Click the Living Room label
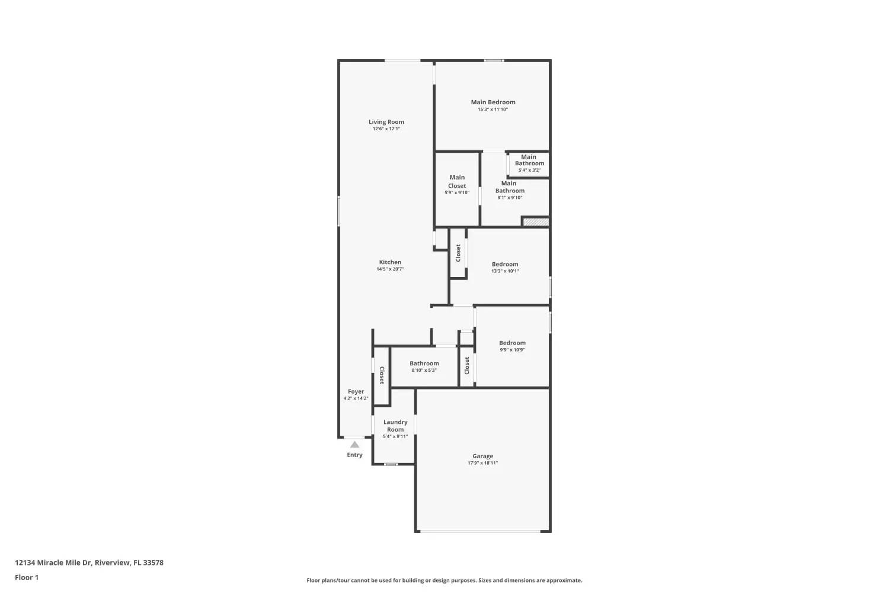(386, 122)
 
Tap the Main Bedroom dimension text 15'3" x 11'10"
(493, 110)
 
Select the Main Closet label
(457, 182)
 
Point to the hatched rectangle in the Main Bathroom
(536, 221)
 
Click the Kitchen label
(390, 262)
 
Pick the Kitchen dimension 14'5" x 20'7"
(390, 269)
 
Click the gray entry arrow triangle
(354, 445)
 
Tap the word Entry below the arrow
(354, 455)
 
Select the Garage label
(482, 456)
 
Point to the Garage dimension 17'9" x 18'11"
(482, 463)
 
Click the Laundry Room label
(395, 426)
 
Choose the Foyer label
(356, 391)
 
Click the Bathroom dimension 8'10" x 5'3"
(424, 371)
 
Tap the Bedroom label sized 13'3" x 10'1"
(505, 264)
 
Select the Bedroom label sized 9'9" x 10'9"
(512, 343)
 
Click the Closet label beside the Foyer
(382, 375)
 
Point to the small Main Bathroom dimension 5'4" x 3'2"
(529, 170)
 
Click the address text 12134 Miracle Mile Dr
(53, 562)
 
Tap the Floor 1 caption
(27, 577)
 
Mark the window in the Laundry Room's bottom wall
(391, 464)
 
